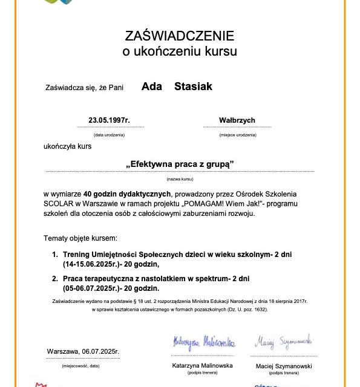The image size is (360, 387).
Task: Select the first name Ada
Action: coord(151,86)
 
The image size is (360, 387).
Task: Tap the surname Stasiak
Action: coord(193,86)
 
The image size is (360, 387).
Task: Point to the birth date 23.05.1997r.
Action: coord(110,120)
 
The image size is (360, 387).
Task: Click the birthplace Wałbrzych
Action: coord(237,120)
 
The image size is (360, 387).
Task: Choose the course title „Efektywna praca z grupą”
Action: coord(180,164)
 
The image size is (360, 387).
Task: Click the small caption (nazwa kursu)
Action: coord(180,180)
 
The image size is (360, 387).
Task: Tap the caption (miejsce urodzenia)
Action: coord(237,135)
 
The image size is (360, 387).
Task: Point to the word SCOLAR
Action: coord(58,203)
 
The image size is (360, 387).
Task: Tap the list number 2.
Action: coord(54,279)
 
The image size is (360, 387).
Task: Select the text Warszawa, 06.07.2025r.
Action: coord(83,351)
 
